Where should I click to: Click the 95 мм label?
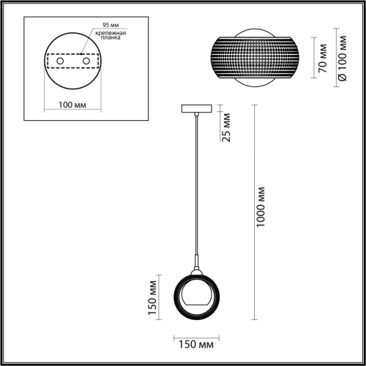[111, 25]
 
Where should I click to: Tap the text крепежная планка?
[111, 35]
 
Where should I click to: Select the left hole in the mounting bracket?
[60, 61]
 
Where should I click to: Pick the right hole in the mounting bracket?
[86, 61]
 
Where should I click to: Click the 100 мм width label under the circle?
[72, 105]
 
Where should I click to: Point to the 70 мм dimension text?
[323, 58]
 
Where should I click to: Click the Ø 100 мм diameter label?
[343, 58]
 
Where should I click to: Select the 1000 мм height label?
[261, 207]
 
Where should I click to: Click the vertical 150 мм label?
[152, 298]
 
